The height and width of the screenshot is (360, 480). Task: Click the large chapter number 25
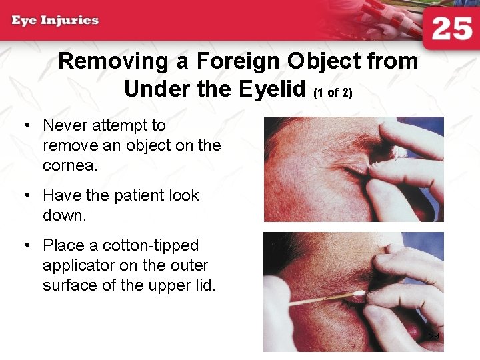pos(452,30)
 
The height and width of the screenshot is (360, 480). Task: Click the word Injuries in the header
pos(70,20)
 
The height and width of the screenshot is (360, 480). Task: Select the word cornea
pos(70,165)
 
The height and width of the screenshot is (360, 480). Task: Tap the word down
pos(65,215)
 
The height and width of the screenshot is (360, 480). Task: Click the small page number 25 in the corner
pos(433,336)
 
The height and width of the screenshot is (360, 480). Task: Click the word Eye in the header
pos(23,20)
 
